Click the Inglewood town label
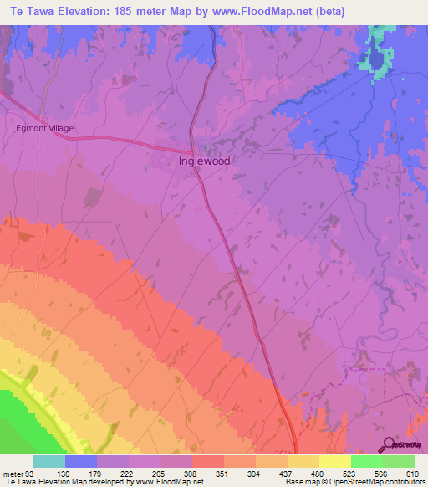(205, 161)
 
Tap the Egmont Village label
(45, 128)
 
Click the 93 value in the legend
(30, 473)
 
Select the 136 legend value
(65, 473)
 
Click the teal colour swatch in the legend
(49, 461)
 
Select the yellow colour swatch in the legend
(335, 461)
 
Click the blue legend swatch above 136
(81, 461)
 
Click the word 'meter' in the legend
(12, 473)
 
